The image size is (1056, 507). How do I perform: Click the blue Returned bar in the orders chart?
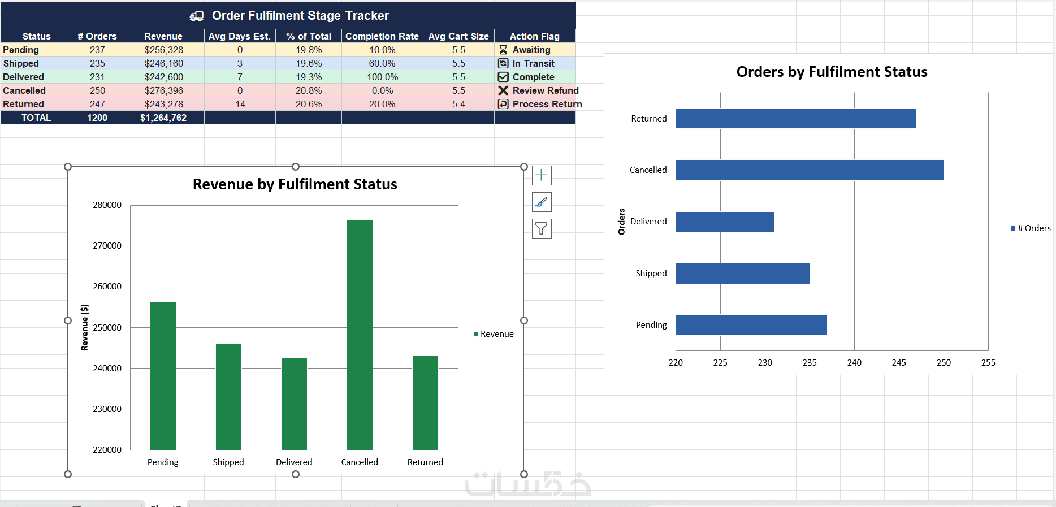tap(795, 119)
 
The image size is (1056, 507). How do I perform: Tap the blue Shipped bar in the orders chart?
tap(742, 274)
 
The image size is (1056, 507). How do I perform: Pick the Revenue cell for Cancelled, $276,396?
tap(163, 90)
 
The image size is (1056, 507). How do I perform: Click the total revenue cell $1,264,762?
tap(163, 118)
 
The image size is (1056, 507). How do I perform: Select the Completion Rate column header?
tap(382, 36)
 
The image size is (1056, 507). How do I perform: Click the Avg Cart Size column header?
tap(458, 36)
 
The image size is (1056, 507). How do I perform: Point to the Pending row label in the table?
tap(21, 50)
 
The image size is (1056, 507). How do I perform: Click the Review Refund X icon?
tap(503, 90)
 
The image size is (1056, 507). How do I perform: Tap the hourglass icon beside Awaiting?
tap(503, 50)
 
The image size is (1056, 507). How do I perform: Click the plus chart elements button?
tap(542, 175)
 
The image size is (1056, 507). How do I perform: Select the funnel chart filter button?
tap(542, 228)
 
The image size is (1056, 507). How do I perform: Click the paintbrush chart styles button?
tap(542, 202)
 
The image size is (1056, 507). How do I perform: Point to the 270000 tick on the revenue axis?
tap(107, 246)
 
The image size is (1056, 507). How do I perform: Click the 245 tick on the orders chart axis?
tap(899, 363)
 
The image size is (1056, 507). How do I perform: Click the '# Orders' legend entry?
tap(1031, 228)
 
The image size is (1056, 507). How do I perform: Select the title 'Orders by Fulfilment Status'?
tap(832, 72)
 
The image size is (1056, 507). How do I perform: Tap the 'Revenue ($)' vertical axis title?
tap(85, 328)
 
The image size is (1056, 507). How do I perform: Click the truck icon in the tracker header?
tap(197, 16)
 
